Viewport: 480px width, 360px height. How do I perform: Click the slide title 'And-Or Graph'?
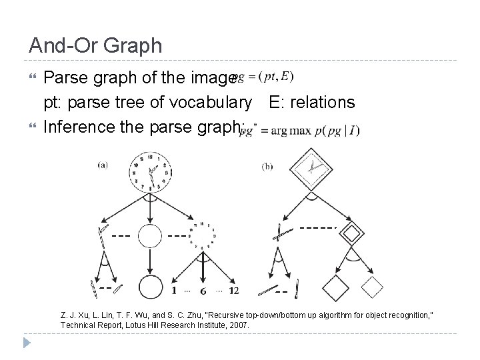pyautogui.click(x=95, y=45)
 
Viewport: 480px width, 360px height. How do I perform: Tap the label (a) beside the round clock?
pyautogui.click(x=104, y=165)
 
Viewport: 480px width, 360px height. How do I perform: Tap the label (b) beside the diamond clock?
pyautogui.click(x=267, y=167)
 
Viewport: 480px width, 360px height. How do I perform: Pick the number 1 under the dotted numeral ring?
pyautogui.click(x=174, y=291)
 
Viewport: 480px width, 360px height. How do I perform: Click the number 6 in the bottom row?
pyautogui.click(x=202, y=291)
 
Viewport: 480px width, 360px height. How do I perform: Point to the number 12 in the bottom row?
pyautogui.click(x=233, y=291)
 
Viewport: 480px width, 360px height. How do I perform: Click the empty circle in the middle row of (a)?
pyautogui.click(x=150, y=236)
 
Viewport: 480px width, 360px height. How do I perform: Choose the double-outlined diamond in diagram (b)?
pyautogui.click(x=351, y=235)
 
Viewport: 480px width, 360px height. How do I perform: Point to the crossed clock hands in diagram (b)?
pyautogui.click(x=281, y=234)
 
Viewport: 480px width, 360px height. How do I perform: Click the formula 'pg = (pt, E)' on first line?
pyautogui.click(x=263, y=77)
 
